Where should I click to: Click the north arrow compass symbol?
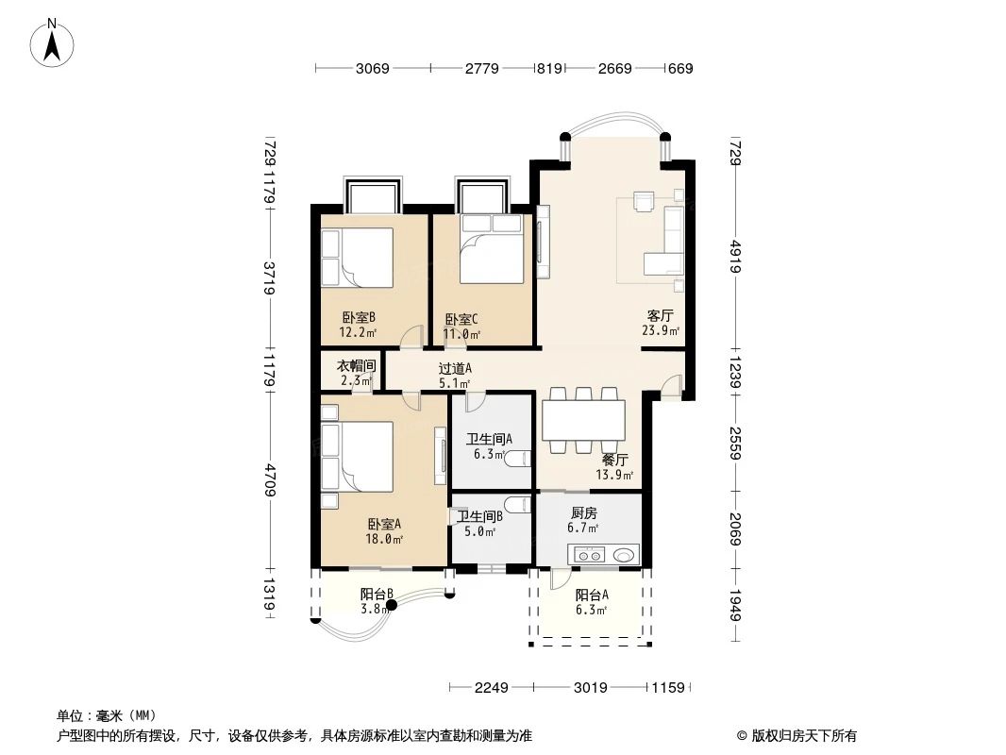(54, 42)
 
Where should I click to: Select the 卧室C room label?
(461, 319)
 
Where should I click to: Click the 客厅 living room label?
(660, 315)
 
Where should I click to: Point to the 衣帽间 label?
(357, 366)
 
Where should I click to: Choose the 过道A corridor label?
(455, 369)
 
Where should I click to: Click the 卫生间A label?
(490, 439)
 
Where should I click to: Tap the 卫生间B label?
(479, 516)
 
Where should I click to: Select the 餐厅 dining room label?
(615, 461)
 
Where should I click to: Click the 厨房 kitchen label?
(584, 513)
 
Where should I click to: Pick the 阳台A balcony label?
(592, 595)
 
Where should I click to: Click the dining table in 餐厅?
(583, 421)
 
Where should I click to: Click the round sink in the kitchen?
(623, 555)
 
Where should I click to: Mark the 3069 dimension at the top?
(372, 69)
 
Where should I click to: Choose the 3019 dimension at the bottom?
(590, 687)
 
